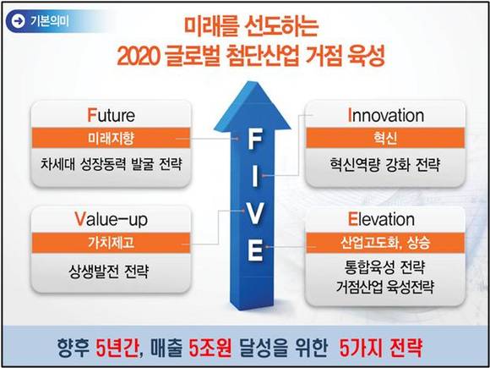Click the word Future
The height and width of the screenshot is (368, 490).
point(112,116)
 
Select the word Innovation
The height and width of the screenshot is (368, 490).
point(386,116)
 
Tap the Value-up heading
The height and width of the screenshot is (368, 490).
point(111,220)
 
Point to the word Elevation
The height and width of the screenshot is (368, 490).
point(381,220)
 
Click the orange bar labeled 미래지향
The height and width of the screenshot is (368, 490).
point(111,138)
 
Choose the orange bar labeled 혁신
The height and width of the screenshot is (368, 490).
point(385,138)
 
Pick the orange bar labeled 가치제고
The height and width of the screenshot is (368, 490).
point(111,243)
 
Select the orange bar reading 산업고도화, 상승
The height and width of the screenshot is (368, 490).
point(385,243)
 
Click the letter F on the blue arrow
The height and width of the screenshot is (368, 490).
point(254,140)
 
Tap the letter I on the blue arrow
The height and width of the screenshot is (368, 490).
point(255,176)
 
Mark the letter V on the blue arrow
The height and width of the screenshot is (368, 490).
point(255,214)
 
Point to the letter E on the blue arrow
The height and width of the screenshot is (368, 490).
point(255,250)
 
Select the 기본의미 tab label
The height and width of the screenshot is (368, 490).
point(50,21)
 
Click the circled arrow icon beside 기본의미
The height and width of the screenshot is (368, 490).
point(19,21)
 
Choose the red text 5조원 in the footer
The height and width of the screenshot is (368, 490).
point(210,348)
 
